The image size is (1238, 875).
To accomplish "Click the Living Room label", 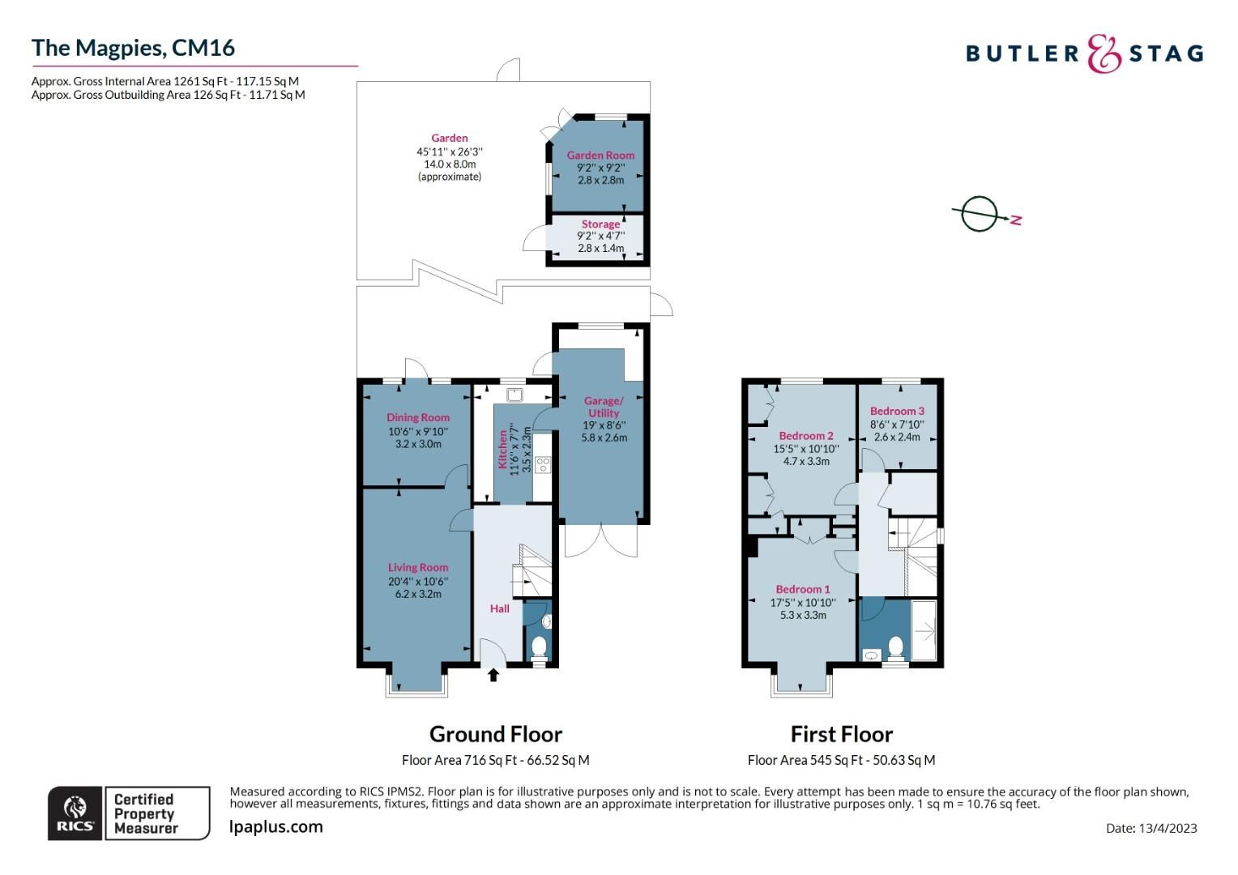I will (x=417, y=567).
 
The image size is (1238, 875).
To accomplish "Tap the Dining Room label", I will (x=417, y=417).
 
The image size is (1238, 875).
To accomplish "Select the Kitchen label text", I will (x=502, y=450).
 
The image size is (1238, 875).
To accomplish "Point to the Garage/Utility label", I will (x=604, y=407).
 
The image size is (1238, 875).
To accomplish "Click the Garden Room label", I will (x=600, y=155).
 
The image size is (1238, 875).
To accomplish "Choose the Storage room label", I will (x=600, y=224).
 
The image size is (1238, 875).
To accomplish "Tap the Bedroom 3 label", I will (x=897, y=411).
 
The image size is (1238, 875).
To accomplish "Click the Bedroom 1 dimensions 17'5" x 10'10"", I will (x=802, y=602).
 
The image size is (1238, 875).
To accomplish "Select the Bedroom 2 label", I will (x=805, y=435).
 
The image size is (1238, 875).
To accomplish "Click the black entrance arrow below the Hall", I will (x=493, y=674).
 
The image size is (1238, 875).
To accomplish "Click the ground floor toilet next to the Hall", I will (x=538, y=647).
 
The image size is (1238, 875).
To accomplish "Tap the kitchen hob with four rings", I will (x=543, y=464).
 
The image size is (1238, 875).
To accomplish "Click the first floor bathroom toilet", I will (x=895, y=647).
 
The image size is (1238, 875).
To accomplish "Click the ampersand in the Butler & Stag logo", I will (x=1104, y=53).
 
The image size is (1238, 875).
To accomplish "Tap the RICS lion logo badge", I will (x=75, y=813).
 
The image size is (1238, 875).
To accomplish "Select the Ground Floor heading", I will (x=495, y=734).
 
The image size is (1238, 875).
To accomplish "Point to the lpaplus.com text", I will (x=276, y=826).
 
